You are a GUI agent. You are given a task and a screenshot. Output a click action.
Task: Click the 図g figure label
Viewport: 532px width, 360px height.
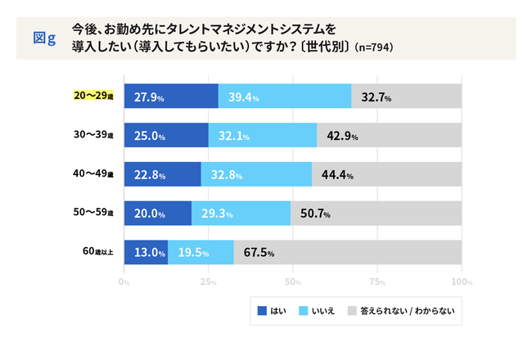43,38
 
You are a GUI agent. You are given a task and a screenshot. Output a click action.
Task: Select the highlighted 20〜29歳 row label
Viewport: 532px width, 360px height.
92,96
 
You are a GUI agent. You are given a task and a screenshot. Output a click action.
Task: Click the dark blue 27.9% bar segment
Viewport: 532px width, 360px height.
171,97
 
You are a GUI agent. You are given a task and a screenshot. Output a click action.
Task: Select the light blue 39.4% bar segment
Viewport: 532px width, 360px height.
285,97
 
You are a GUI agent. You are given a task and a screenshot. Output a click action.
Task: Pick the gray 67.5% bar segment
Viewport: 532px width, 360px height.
348,252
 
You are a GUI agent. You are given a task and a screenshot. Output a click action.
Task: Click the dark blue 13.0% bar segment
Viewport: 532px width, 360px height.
146,252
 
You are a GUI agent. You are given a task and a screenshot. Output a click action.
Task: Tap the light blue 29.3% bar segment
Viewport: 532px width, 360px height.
241,214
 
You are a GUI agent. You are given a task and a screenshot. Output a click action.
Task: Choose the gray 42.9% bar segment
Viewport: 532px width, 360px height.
389,136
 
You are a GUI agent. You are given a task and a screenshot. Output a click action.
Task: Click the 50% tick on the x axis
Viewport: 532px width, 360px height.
293,281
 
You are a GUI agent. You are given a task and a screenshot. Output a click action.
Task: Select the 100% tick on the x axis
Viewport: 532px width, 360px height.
462,281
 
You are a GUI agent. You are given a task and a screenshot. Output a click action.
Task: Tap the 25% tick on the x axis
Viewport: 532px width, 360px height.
209,281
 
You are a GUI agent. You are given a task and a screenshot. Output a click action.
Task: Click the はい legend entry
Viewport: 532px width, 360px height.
271,311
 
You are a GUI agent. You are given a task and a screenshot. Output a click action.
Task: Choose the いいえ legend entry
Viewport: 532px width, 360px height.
320,311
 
